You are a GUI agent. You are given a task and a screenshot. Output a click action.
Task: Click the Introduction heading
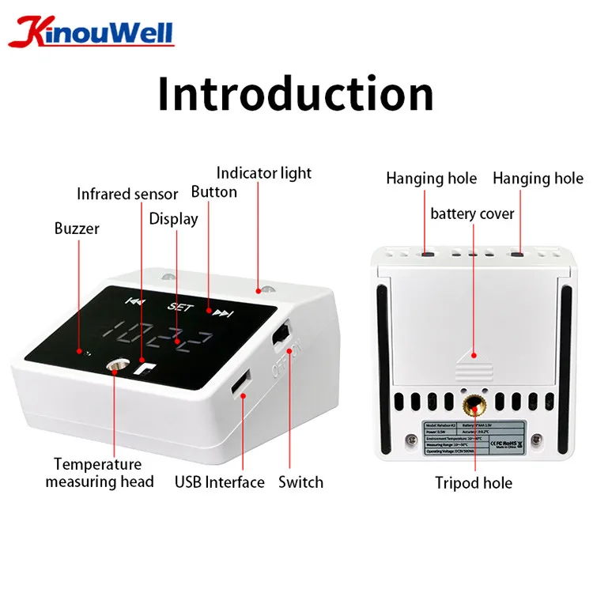coord(296,95)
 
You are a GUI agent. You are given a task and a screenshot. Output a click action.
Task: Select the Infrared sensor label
coord(127,194)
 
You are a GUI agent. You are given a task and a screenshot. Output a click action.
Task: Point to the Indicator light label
coord(264,172)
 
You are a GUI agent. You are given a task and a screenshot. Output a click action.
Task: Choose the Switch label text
coord(300,482)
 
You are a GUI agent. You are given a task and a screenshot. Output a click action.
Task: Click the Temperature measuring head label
coord(99,473)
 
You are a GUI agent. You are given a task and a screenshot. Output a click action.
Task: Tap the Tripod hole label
coord(474,482)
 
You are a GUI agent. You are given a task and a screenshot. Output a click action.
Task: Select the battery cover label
coord(472,213)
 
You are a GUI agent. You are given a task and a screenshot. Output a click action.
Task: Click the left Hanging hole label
coord(431,179)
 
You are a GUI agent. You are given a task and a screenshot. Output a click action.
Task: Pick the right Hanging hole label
coord(538,179)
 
